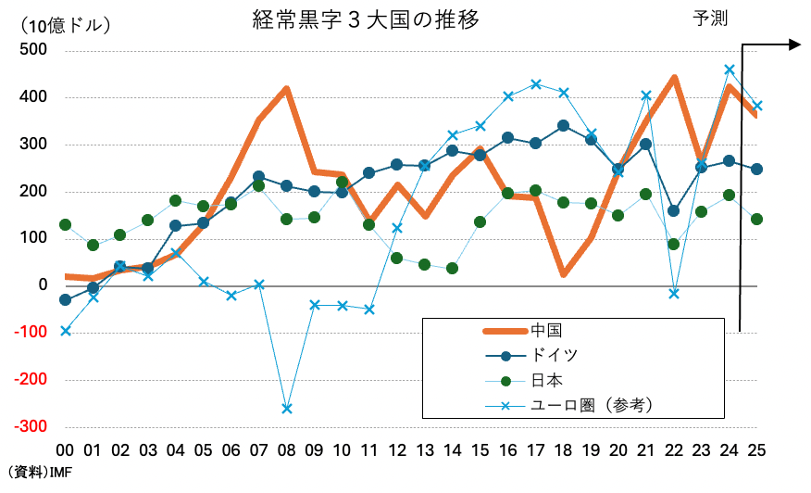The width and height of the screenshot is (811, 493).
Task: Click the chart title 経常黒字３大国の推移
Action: (366, 19)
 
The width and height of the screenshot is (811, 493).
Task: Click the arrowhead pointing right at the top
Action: (793, 44)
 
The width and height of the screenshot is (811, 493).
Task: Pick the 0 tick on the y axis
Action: (43, 285)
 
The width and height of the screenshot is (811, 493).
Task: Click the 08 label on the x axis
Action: (286, 450)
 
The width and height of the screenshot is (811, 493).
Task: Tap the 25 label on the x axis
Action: (756, 450)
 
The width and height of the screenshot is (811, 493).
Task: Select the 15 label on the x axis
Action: (480, 450)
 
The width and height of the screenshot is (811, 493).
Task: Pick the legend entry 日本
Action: (547, 380)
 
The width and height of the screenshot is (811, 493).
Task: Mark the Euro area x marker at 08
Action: (287, 409)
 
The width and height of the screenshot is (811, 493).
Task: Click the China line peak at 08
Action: (287, 89)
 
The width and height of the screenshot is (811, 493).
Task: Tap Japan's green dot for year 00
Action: (65, 224)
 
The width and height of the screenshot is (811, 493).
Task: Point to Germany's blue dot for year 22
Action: (674, 211)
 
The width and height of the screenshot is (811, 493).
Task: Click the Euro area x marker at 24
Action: (730, 70)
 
